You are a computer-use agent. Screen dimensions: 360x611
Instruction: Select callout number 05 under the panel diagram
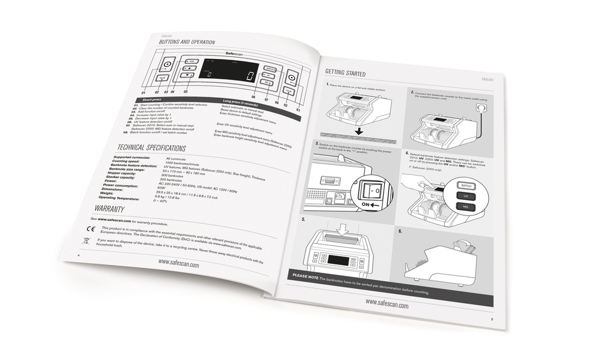[x=186, y=92]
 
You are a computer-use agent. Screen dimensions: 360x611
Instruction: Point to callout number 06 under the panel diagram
[x=254, y=97]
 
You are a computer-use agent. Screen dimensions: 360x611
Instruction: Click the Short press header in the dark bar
[x=151, y=100]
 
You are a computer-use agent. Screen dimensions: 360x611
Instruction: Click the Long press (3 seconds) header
[x=240, y=101]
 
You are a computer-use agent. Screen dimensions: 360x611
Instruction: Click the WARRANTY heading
[x=109, y=208]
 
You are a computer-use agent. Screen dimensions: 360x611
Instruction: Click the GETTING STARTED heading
[x=345, y=73]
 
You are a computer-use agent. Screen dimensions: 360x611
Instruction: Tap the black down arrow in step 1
[x=359, y=131]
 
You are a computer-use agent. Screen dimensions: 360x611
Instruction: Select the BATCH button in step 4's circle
[x=467, y=186]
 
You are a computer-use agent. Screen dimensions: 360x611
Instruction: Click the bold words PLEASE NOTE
[x=305, y=277]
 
